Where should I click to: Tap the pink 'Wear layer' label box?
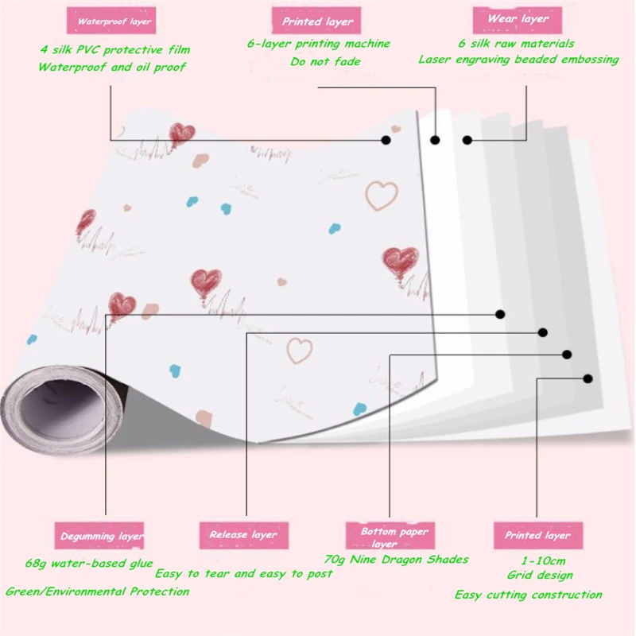(518, 19)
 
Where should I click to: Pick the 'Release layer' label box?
(242, 535)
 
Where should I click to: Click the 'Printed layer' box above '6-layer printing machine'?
(318, 22)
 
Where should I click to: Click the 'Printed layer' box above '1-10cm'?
(537, 536)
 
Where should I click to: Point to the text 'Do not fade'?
(325, 61)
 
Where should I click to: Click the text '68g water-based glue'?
(99, 564)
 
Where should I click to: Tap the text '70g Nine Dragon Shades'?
(396, 559)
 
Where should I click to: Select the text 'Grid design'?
(540, 575)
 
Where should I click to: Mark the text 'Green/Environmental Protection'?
(97, 591)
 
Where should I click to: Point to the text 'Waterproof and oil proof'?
(112, 68)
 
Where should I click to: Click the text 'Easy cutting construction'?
(528, 595)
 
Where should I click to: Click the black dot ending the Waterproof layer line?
(386, 140)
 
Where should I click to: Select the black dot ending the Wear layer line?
(467, 141)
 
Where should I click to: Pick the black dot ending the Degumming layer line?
(500, 314)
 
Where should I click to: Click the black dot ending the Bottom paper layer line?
(568, 355)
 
